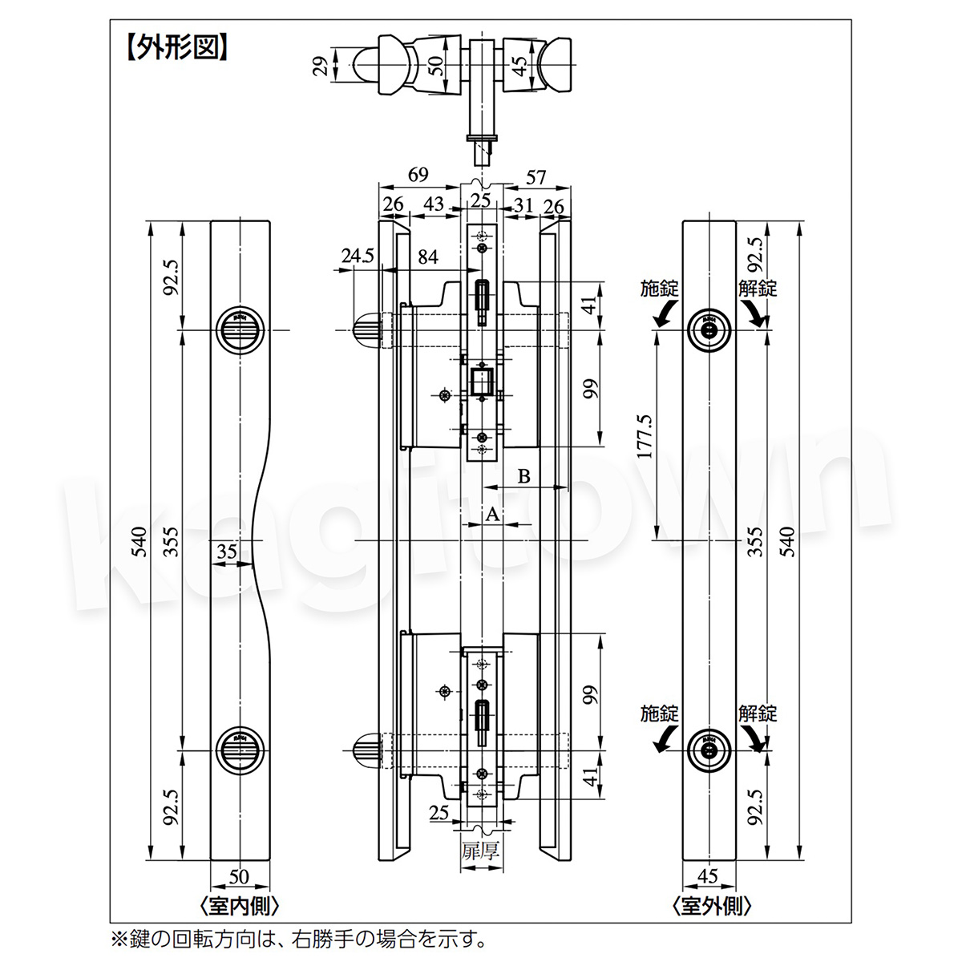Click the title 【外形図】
pyautogui.click(x=176, y=48)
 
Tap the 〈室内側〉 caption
pyautogui.click(x=240, y=906)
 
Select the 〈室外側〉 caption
pyautogui.click(x=711, y=906)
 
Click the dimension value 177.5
pyautogui.click(x=645, y=436)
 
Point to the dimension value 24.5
pyautogui.click(x=358, y=256)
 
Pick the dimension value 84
pyautogui.click(x=428, y=257)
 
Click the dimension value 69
pyautogui.click(x=418, y=174)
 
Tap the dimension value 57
pyautogui.click(x=536, y=177)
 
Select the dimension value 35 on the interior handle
pyautogui.click(x=227, y=551)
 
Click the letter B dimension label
pyautogui.click(x=523, y=476)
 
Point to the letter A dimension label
pyautogui.click(x=492, y=514)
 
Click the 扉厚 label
pyautogui.click(x=480, y=851)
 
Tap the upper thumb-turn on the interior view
pyautogui.click(x=240, y=330)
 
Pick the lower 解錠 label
pyautogui.click(x=758, y=713)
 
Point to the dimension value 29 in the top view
pyautogui.click(x=321, y=66)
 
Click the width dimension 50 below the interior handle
pyautogui.click(x=239, y=876)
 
